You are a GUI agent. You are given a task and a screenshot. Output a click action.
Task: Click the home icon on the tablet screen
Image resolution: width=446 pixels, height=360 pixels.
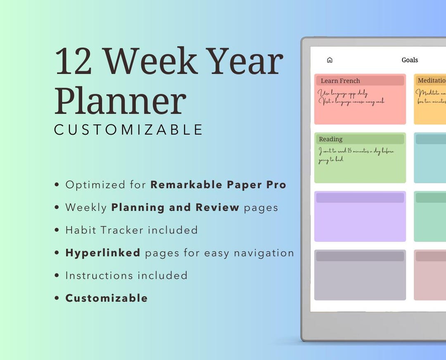click(330, 60)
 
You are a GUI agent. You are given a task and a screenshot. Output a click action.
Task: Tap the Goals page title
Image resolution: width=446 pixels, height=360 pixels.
click(410, 60)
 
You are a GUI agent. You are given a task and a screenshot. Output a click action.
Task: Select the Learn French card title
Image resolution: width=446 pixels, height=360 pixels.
click(340, 81)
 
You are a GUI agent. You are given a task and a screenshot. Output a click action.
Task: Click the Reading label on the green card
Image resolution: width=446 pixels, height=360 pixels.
click(330, 139)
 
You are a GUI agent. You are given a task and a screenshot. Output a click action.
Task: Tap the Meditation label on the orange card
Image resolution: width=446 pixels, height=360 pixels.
click(431, 81)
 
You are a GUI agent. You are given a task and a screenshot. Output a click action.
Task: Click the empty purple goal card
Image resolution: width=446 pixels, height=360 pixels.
click(360, 221)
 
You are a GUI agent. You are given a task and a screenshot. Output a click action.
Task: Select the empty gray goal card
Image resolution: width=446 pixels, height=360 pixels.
click(360, 279)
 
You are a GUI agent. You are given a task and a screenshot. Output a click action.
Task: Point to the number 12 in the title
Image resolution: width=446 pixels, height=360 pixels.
click(74, 62)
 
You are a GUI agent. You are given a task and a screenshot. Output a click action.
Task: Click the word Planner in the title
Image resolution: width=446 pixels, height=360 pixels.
click(120, 100)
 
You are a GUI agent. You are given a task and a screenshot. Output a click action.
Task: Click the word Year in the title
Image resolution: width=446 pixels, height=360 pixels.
click(244, 62)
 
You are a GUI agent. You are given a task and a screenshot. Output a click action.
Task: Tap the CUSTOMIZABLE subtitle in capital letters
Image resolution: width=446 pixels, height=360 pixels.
click(128, 130)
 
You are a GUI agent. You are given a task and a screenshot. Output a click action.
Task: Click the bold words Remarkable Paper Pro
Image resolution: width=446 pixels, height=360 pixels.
click(218, 185)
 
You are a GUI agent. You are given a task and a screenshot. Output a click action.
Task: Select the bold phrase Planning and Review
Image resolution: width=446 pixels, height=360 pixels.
click(175, 207)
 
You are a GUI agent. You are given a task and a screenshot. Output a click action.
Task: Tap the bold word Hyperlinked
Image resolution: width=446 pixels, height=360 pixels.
click(103, 253)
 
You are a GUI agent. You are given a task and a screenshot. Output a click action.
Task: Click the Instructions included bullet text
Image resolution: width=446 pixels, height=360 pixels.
click(126, 275)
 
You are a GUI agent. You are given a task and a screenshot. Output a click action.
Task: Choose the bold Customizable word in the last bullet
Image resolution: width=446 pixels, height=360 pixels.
click(107, 298)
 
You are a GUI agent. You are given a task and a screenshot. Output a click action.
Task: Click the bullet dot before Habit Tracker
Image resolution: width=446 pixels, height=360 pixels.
click(57, 230)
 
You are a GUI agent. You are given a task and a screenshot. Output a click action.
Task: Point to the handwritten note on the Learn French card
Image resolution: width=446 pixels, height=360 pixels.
click(351, 97)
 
